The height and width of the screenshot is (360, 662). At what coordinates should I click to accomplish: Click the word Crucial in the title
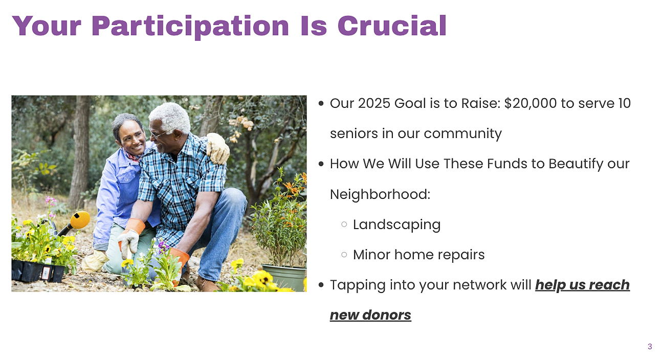392,26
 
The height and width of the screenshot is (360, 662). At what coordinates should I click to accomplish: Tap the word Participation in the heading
190,27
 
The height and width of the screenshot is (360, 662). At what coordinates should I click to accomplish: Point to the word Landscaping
396,225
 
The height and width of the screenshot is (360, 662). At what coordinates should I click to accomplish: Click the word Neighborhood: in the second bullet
380,194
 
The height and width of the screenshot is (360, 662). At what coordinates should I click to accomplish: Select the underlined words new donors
370,315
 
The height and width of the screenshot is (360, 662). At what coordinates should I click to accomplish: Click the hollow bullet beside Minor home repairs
344,255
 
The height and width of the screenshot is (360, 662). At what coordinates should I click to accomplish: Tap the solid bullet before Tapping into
321,285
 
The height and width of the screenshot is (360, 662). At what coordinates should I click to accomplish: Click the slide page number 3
650,346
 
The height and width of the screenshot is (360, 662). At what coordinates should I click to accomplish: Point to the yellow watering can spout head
80,220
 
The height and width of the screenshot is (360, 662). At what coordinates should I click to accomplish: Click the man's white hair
170,117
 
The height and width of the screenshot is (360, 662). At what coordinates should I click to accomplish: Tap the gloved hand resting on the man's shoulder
218,148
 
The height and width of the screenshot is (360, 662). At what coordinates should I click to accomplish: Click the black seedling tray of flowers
38,271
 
